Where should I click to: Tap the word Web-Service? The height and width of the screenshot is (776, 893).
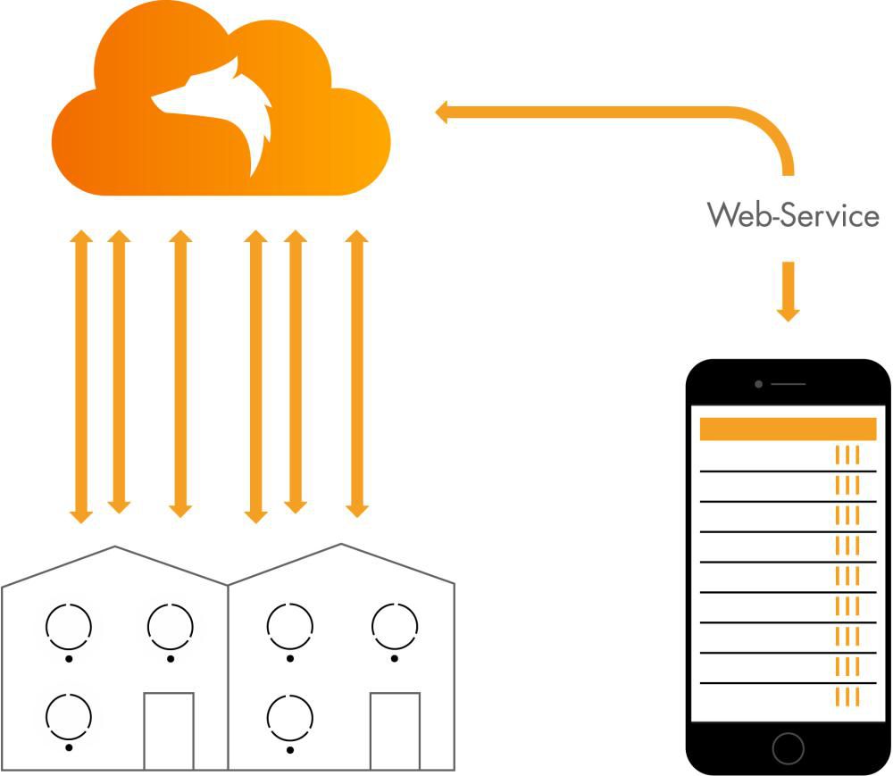pyautogui.click(x=793, y=215)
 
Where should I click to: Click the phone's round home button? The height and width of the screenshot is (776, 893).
pyautogui.click(x=788, y=747)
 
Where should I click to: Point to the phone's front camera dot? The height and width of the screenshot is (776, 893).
pyautogui.click(x=758, y=384)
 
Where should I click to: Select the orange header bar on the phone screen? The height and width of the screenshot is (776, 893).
pyautogui.click(x=788, y=429)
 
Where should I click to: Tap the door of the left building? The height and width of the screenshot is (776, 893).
pyautogui.click(x=169, y=730)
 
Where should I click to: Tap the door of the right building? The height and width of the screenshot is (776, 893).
pyautogui.click(x=395, y=730)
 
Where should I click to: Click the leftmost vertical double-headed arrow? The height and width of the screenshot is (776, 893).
pyautogui.click(x=81, y=376)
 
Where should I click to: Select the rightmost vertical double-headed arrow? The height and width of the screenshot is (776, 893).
pyautogui.click(x=357, y=374)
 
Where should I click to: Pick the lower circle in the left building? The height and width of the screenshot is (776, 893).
pyautogui.click(x=69, y=716)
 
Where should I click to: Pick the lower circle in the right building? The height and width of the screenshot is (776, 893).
pyautogui.click(x=290, y=716)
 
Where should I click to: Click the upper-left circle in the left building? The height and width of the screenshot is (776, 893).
pyautogui.click(x=69, y=626)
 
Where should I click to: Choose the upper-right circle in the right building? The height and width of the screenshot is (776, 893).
pyautogui.click(x=395, y=626)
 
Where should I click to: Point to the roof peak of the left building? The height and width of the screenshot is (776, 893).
pyautogui.click(x=115, y=547)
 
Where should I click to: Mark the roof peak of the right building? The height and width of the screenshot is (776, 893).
pyautogui.click(x=340, y=545)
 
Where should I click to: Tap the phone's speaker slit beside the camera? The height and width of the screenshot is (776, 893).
pyautogui.click(x=788, y=384)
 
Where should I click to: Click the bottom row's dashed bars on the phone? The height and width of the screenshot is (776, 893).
pyautogui.click(x=847, y=697)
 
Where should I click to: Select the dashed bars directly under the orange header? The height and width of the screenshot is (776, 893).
pyautogui.click(x=847, y=455)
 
